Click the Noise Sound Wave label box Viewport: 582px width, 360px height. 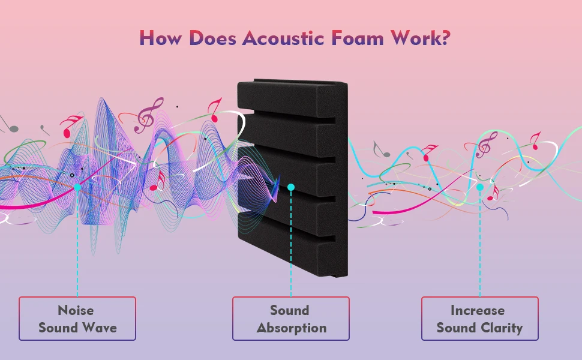click(77, 319)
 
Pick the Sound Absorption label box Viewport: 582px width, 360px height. click(291, 319)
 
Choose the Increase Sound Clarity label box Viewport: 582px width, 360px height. click(479, 319)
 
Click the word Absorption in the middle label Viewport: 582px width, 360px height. click(292, 328)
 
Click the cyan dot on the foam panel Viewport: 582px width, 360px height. click(291, 187)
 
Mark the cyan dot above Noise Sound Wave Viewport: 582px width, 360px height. click(77, 187)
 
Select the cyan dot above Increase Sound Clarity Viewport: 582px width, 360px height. click(480, 187)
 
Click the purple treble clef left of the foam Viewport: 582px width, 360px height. click(146, 115)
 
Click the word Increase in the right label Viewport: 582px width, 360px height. click(478, 310)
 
